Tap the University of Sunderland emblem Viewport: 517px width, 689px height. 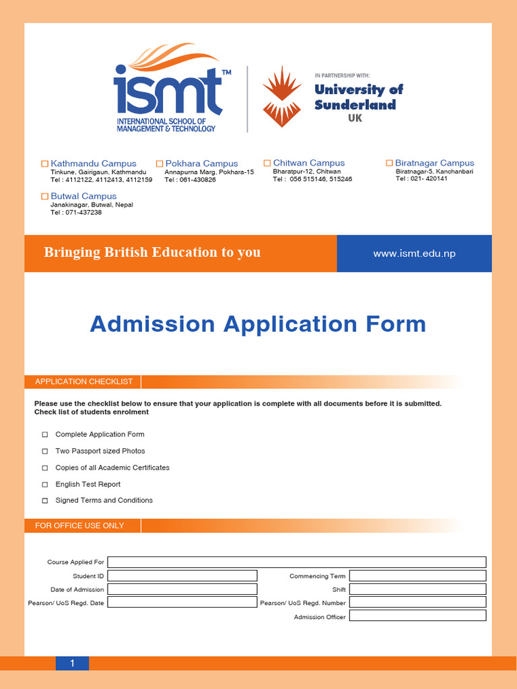pyautogui.click(x=282, y=96)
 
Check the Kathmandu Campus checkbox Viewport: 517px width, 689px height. pyautogui.click(x=45, y=164)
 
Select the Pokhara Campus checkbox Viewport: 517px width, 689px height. pyautogui.click(x=160, y=164)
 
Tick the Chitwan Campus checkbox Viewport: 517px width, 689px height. pyautogui.click(x=267, y=163)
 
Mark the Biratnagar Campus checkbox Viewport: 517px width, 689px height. pyautogui.click(x=389, y=163)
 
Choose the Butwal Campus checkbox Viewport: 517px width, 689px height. pyautogui.click(x=45, y=196)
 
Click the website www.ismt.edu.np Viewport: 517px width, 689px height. pyautogui.click(x=414, y=254)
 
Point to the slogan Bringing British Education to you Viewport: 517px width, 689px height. pyautogui.click(x=152, y=252)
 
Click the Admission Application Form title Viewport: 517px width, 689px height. pyautogui.click(x=258, y=324)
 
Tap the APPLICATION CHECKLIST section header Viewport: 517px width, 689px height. pyautogui.click(x=83, y=382)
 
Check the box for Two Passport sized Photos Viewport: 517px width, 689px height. pyautogui.click(x=45, y=451)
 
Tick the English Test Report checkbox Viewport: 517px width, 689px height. pyautogui.click(x=45, y=484)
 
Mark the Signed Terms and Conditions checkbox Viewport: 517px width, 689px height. pyautogui.click(x=45, y=501)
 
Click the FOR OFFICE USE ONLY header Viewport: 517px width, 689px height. pyautogui.click(x=79, y=525)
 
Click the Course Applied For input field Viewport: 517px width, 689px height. pyautogui.click(x=296, y=562)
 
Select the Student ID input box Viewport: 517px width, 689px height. pyautogui.click(x=182, y=576)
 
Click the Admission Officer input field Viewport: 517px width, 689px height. pyautogui.click(x=417, y=616)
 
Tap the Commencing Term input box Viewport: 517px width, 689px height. pyautogui.click(x=417, y=576)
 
